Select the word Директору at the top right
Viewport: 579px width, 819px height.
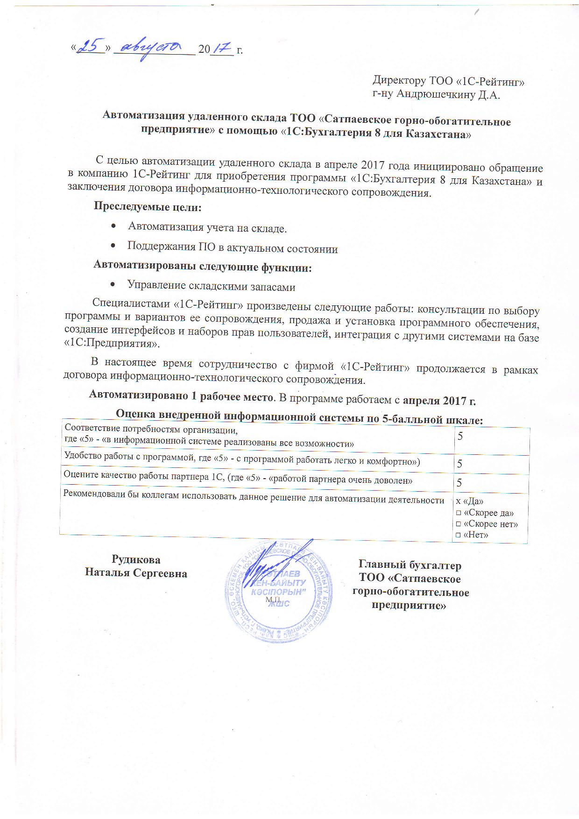398,81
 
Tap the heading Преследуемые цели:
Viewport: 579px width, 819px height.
148,205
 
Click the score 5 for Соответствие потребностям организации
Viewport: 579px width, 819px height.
460,437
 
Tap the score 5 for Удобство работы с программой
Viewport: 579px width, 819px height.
460,464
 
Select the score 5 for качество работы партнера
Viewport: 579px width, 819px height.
460,482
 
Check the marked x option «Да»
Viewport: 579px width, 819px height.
459,501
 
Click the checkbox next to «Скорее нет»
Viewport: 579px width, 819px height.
458,524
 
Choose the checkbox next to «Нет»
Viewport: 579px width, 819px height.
458,535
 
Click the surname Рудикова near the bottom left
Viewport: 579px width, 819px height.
136,560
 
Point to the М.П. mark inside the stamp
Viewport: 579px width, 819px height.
272,599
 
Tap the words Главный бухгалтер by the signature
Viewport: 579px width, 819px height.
410,565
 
